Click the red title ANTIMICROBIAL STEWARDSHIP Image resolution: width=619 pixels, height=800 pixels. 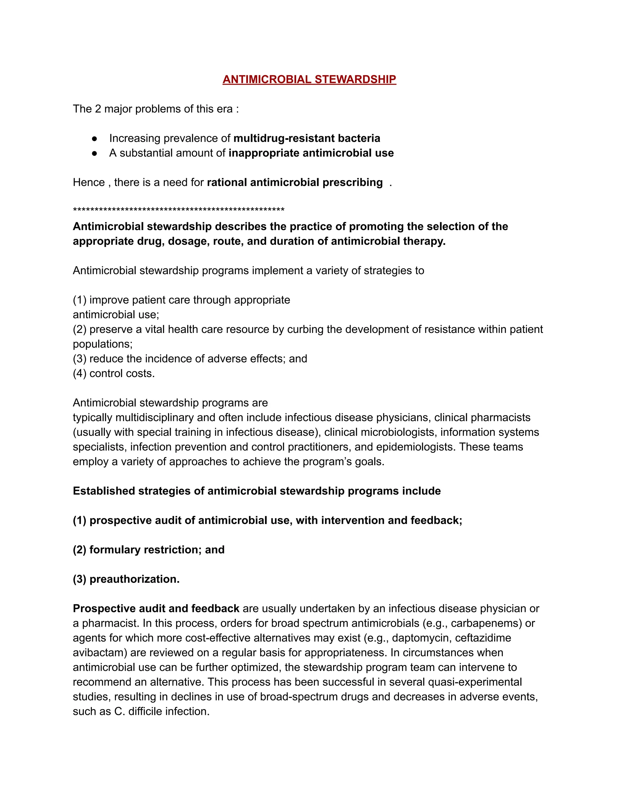tap(309, 79)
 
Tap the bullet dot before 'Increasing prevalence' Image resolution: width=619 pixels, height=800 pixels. tap(95, 139)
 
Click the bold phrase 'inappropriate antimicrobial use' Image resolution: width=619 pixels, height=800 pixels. tap(311, 153)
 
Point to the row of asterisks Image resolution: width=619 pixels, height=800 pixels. tap(179, 210)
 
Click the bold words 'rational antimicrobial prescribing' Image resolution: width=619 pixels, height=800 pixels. tap(294, 182)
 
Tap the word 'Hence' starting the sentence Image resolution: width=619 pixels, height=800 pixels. tap(88, 182)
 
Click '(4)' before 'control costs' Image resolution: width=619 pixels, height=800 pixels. tap(79, 373)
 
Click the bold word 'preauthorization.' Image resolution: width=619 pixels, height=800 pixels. tap(134, 579)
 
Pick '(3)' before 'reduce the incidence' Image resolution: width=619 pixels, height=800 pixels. tap(79, 359)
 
